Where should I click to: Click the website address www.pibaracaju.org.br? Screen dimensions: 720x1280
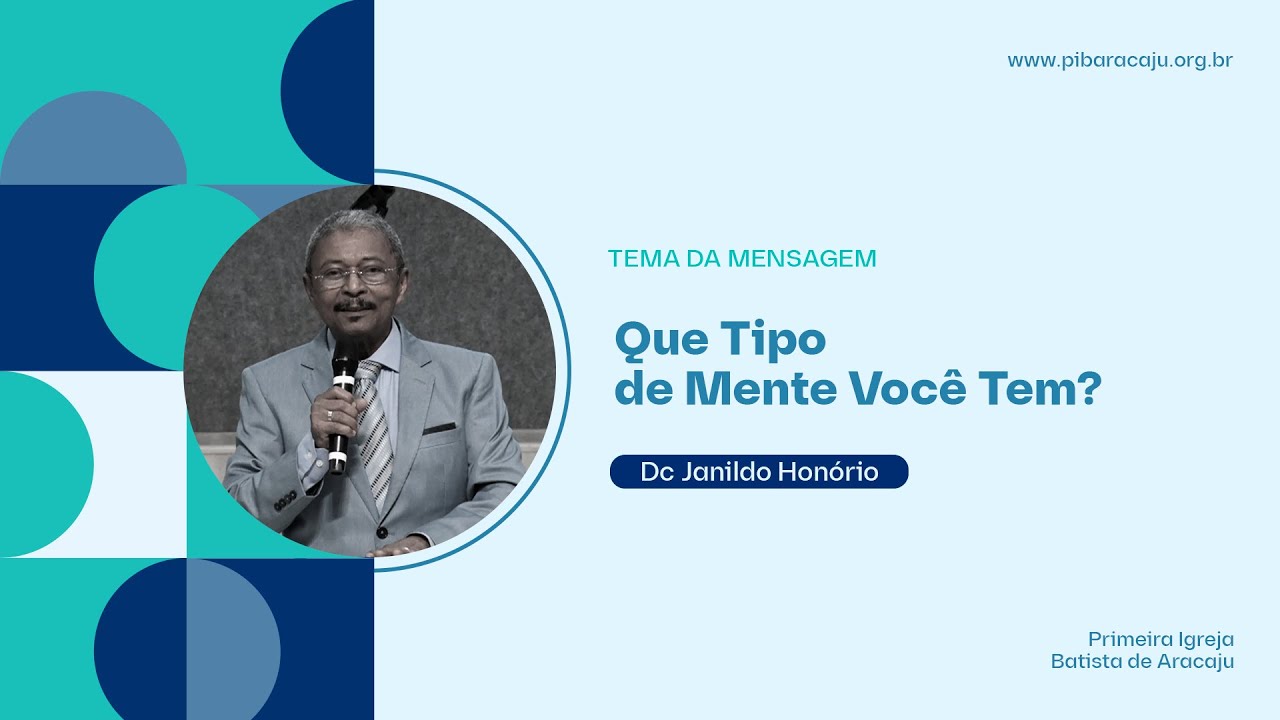tap(1120, 61)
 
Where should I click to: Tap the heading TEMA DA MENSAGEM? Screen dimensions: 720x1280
tap(742, 259)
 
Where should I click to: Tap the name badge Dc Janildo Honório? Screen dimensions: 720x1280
tap(759, 472)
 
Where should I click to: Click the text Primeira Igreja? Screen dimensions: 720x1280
tap(1161, 639)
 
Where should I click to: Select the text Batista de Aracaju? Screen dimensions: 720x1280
tap(1142, 662)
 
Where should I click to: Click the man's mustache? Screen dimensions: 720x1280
tap(355, 306)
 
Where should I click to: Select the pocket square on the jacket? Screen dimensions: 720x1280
tap(438, 429)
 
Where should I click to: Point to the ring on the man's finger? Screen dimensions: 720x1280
tap(329, 413)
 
